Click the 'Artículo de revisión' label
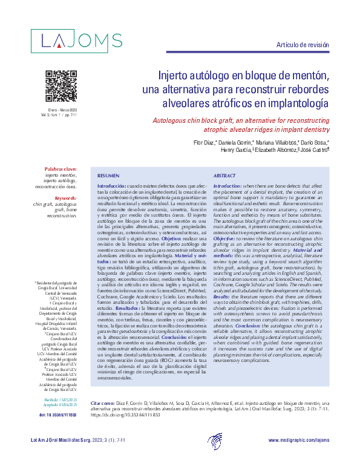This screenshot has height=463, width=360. [303, 45]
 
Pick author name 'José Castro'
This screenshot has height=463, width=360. [315, 150]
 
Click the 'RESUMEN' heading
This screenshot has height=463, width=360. [109, 174]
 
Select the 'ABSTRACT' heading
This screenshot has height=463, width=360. [225, 174]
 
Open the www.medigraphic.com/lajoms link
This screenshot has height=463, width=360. [298, 440]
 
